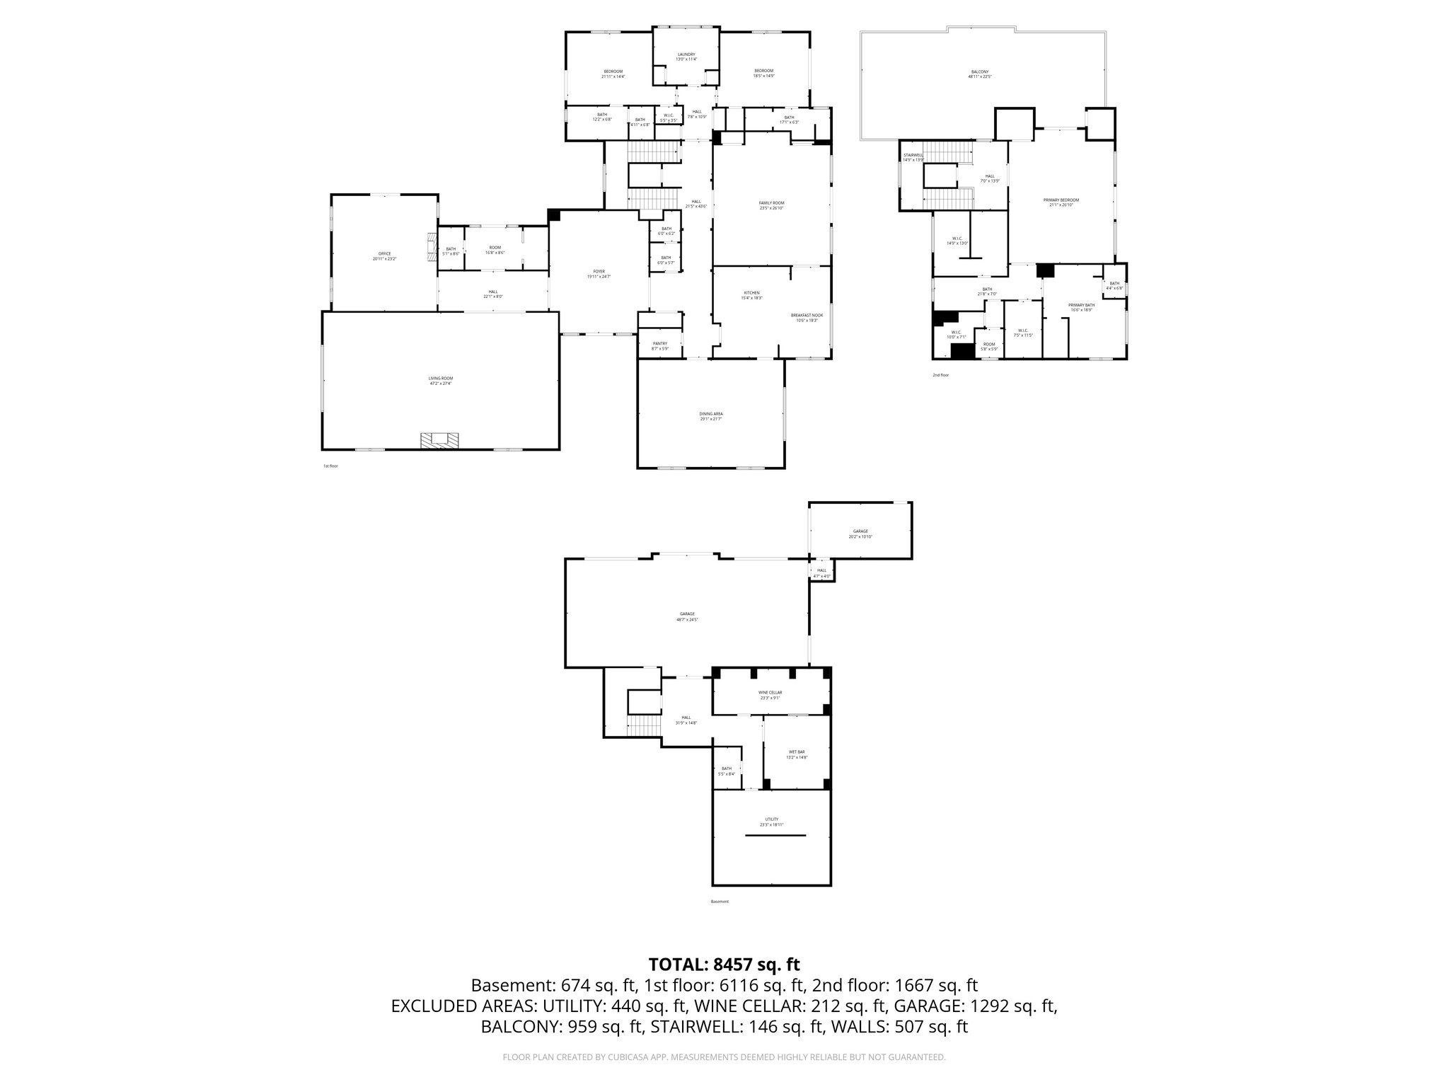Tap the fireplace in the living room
439,440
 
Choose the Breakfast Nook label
807,317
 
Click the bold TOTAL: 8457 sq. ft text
724,965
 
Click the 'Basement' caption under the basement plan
719,902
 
